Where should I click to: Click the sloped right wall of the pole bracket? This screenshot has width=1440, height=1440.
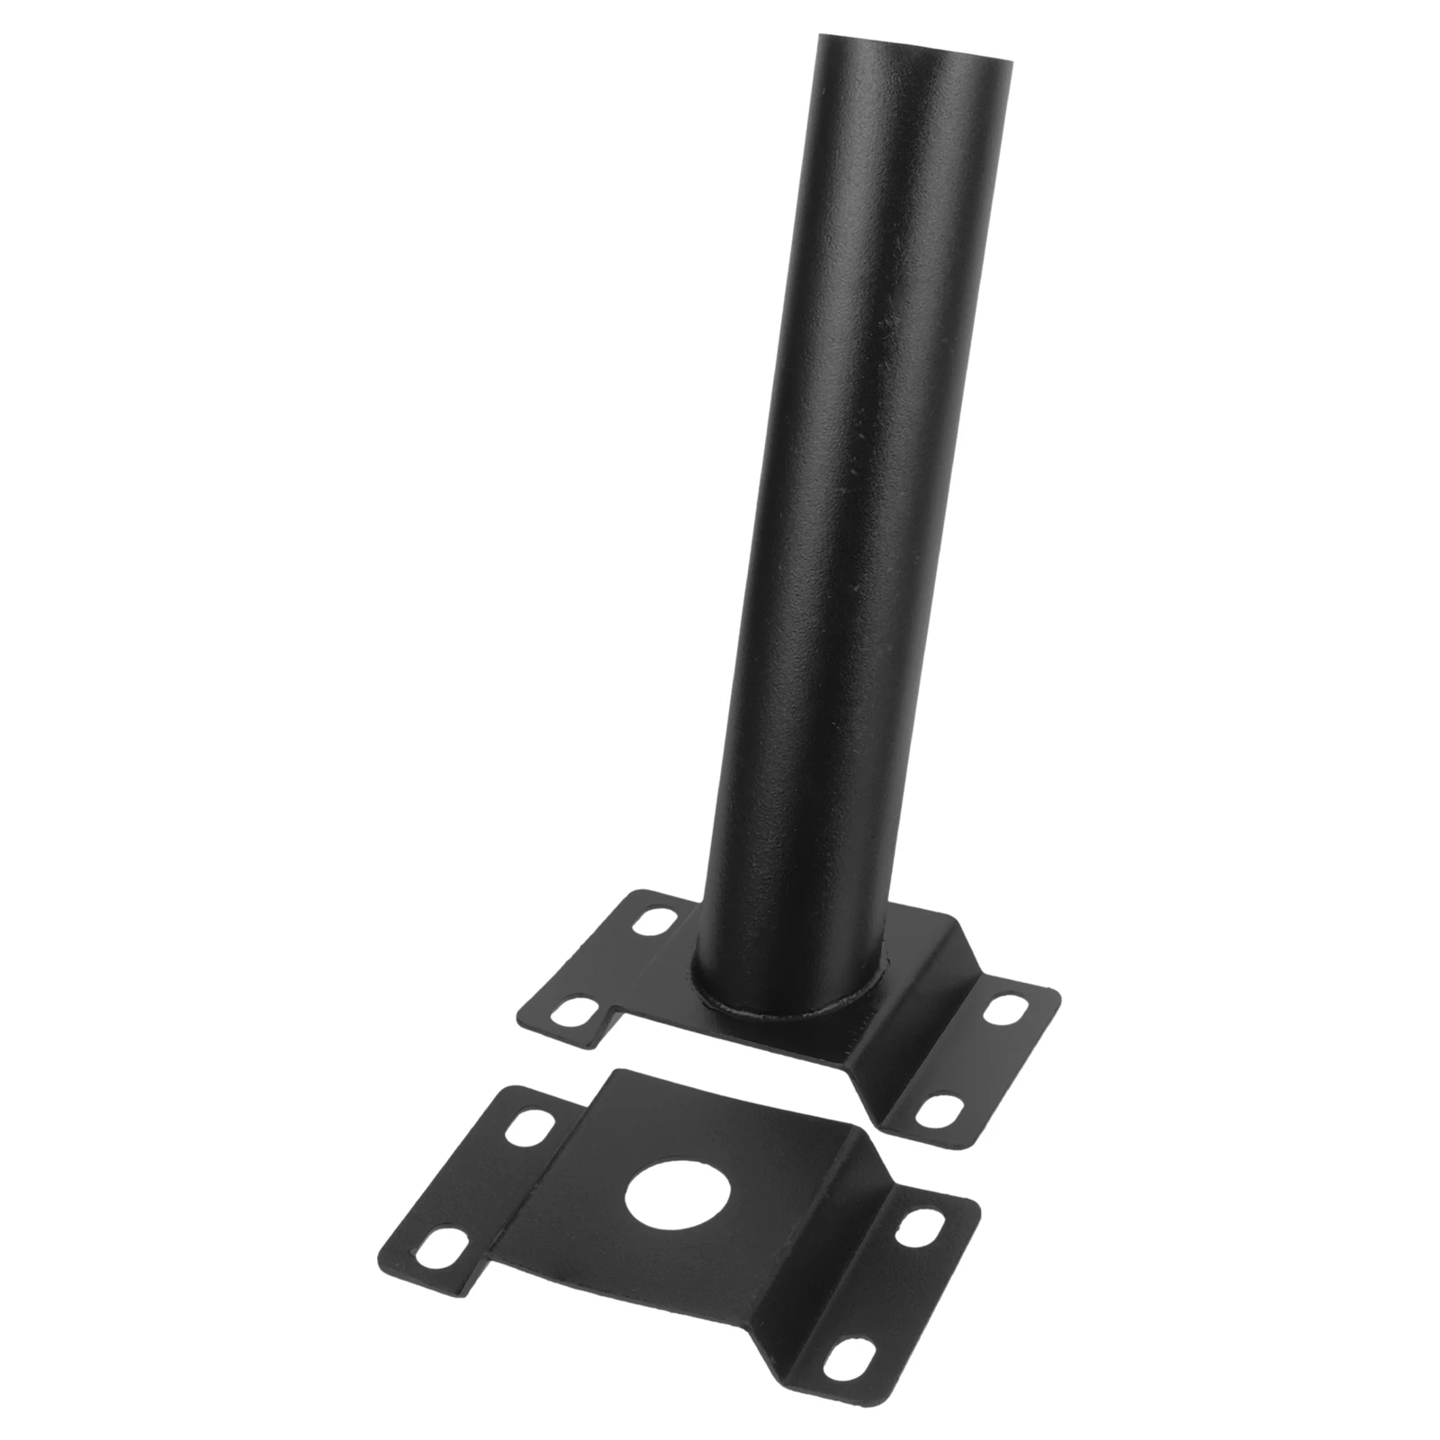coord(900,1035)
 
